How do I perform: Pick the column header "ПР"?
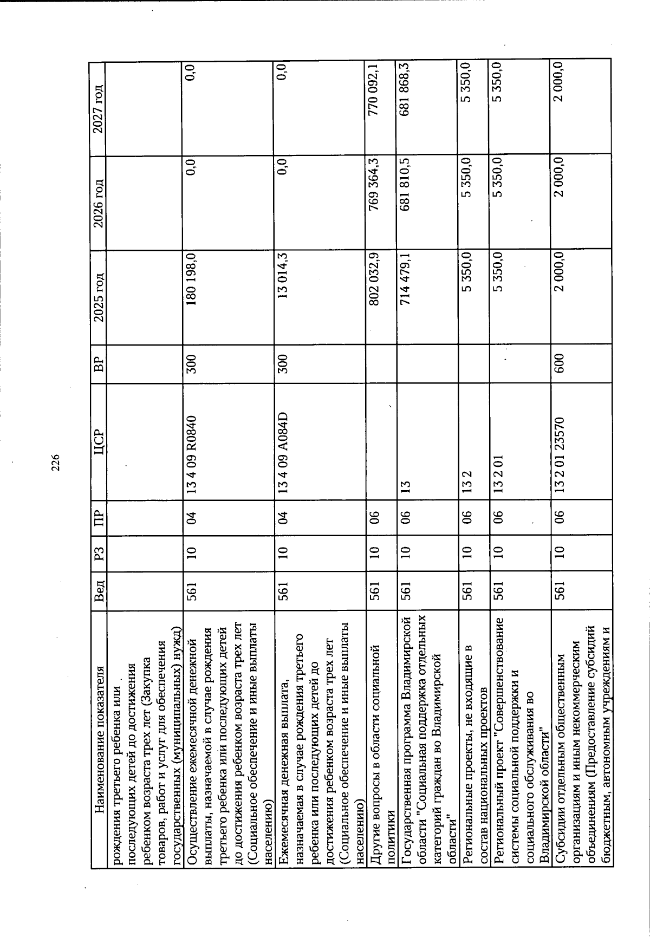pyautogui.click(x=97, y=515)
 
